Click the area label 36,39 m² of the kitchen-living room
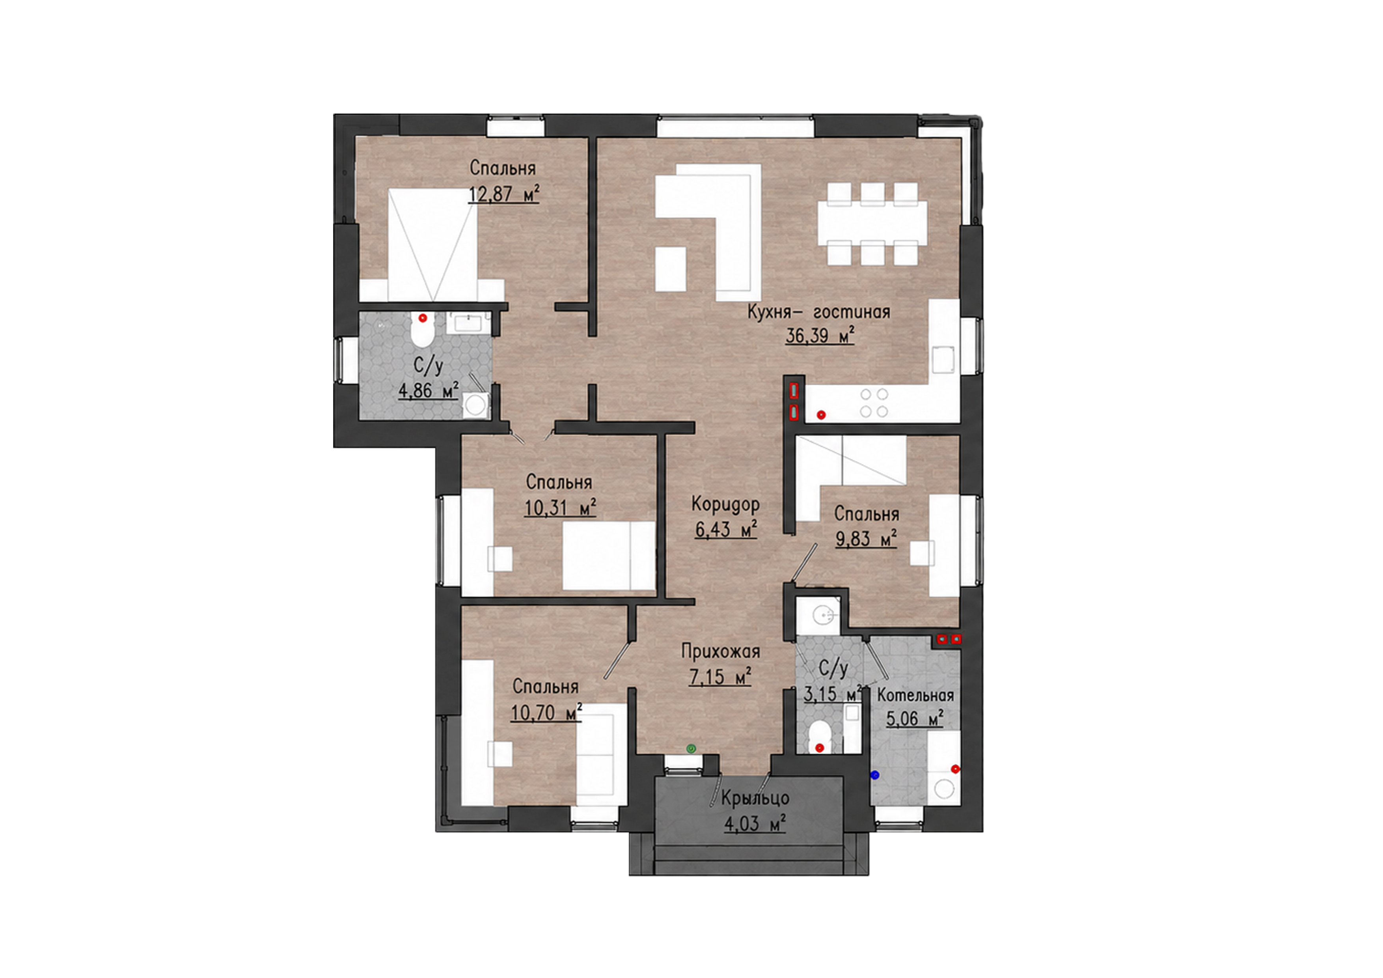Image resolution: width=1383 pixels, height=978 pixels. tap(820, 335)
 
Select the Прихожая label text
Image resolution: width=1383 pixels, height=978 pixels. tap(720, 651)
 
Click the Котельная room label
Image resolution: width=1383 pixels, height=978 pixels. tap(915, 695)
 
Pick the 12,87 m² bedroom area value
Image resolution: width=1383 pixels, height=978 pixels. tap(503, 194)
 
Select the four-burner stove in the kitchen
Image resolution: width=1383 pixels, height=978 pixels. tap(874, 403)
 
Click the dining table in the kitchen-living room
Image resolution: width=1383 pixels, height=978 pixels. tap(872, 224)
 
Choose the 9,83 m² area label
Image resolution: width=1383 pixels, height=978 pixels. tap(866, 538)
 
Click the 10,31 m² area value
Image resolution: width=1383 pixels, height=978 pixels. tap(560, 508)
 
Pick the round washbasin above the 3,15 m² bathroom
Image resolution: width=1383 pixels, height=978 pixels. tap(823, 615)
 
